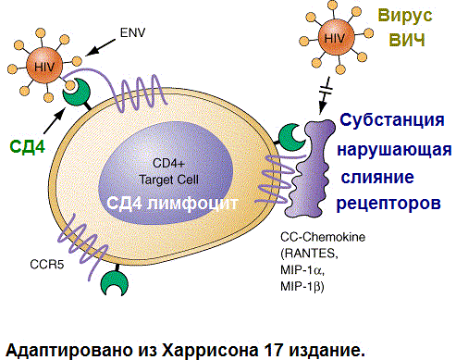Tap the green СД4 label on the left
click(28, 146)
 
